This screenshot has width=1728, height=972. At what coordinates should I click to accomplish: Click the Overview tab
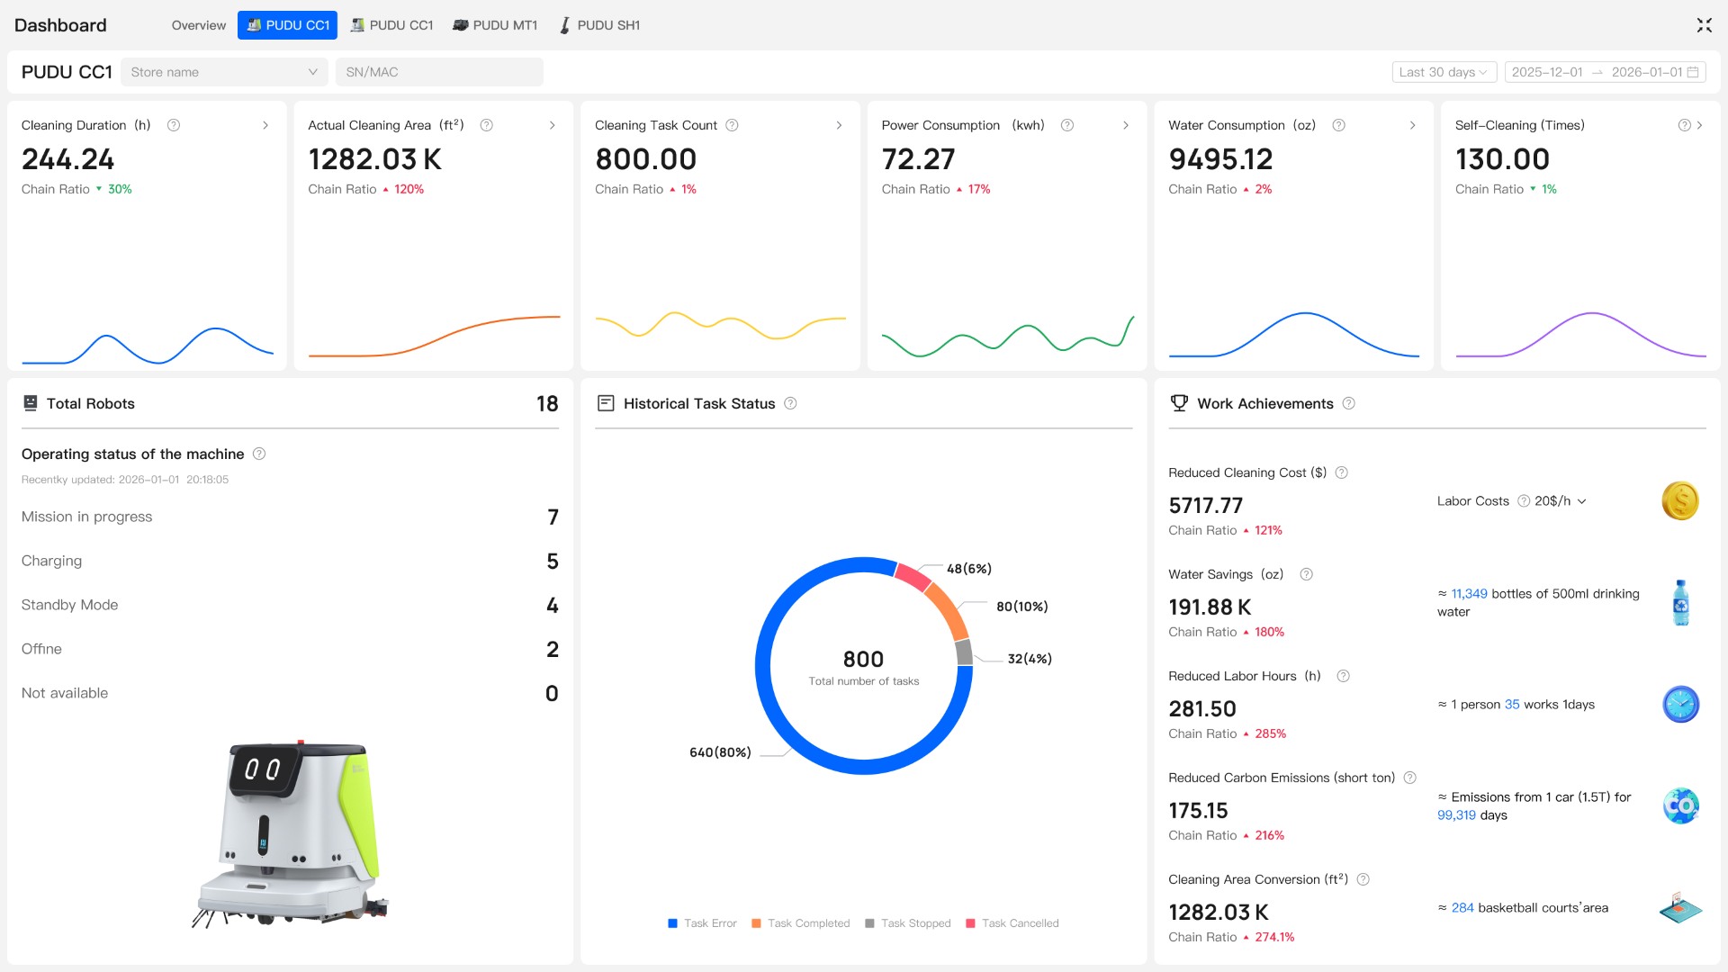(x=198, y=25)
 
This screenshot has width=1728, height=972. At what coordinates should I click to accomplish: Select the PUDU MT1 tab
(x=495, y=25)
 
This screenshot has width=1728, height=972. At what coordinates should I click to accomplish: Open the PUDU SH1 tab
(x=599, y=25)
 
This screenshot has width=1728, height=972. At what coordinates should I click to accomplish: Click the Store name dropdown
(x=223, y=72)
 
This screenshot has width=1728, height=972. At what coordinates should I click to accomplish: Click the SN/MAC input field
(x=439, y=72)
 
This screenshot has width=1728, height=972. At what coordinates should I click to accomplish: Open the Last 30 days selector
(x=1444, y=72)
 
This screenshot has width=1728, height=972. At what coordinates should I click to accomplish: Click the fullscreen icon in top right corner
(x=1704, y=25)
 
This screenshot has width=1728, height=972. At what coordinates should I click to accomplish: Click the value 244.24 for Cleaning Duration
(x=68, y=159)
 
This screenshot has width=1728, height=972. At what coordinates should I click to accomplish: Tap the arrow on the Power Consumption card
(x=1126, y=125)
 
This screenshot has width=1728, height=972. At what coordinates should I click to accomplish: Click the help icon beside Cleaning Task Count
(x=732, y=125)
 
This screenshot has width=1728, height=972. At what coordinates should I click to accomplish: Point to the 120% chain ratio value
(x=409, y=189)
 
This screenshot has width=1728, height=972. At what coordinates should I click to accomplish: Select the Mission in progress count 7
(x=553, y=517)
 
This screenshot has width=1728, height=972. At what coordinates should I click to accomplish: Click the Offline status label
(x=41, y=649)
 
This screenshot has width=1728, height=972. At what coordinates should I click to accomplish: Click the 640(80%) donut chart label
(x=720, y=752)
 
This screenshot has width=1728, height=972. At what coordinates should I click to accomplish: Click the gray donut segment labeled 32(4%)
(x=964, y=652)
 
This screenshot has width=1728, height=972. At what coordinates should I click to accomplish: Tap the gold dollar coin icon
(x=1679, y=501)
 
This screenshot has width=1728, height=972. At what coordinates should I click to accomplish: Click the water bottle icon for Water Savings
(x=1680, y=603)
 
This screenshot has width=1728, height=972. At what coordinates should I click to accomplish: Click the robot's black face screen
(x=263, y=769)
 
